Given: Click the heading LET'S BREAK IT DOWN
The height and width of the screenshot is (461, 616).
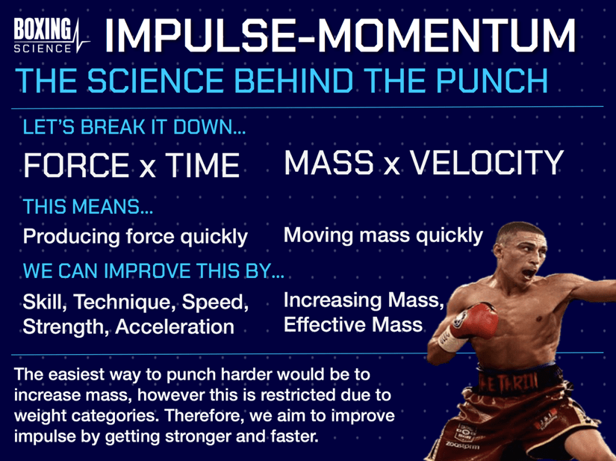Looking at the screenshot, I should click(x=134, y=128).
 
